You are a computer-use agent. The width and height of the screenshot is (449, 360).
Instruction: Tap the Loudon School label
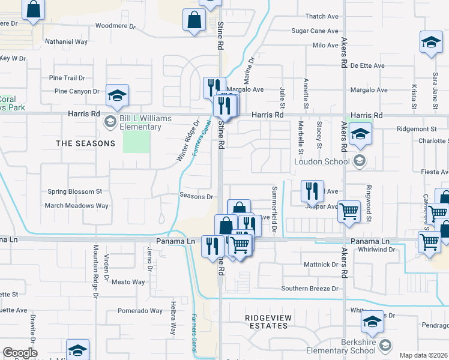pyautogui.click(x=321, y=161)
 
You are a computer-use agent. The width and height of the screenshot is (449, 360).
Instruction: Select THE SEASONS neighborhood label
pyautogui.click(x=85, y=143)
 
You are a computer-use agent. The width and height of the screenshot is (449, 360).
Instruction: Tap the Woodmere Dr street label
pyautogui.click(x=116, y=26)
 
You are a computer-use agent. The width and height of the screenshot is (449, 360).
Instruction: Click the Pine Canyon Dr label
pyautogui.click(x=76, y=91)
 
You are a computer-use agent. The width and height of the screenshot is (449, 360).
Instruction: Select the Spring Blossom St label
pyautogui.click(x=75, y=192)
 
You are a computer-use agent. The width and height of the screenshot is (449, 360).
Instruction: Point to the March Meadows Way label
pyautogui.click(x=76, y=205)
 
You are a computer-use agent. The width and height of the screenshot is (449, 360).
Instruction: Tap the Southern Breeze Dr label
pyautogui.click(x=310, y=289)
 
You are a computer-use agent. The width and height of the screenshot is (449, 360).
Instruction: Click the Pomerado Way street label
pyautogui.click(x=140, y=311)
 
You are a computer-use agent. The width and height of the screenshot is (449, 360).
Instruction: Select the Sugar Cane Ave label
pyautogui.click(x=315, y=31)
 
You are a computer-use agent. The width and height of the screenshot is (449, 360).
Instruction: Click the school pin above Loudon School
pyautogui.click(x=360, y=134)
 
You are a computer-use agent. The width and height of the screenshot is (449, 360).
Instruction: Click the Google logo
pyautogui.click(x=19, y=353)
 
